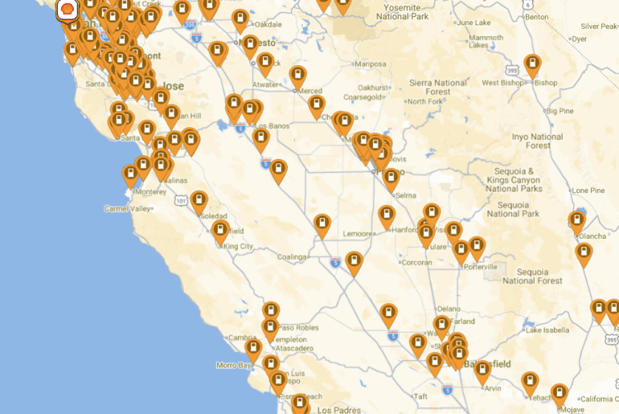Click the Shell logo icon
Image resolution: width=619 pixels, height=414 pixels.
coord(67,10)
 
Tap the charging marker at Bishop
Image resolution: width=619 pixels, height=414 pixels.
coord(532,64)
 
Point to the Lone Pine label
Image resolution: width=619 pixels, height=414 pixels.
coord(588,191)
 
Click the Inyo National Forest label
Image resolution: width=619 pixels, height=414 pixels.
coord(537,141)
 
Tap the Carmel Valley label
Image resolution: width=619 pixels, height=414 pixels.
coord(127,209)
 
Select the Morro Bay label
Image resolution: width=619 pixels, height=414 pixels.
coord(234,366)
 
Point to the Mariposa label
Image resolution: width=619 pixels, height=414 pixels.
coord(371,64)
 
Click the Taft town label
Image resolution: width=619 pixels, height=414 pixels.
coord(420,396)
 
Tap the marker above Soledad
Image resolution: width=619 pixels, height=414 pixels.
coord(199,201)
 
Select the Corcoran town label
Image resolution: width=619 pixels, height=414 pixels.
coord(416,262)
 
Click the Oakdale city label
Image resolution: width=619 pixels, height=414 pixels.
coord(269,23)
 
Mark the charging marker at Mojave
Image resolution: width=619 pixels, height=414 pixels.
coord(560,394)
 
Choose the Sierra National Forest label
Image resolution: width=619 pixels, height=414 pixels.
coord(438,88)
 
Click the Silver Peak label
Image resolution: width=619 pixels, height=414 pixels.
coord(598,27)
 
